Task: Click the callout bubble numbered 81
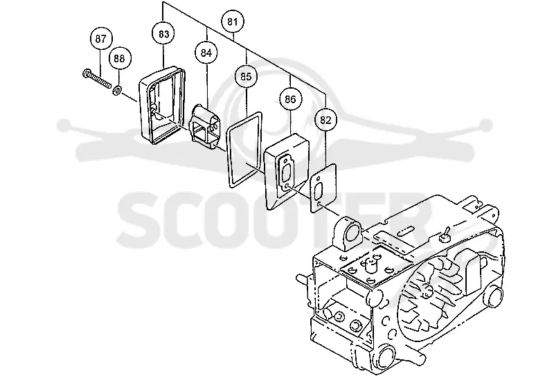[232, 21]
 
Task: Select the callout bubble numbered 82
[325, 120]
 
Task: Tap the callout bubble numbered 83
[163, 34]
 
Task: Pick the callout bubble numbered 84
[206, 53]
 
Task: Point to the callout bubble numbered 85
[246, 76]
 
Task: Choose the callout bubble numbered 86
[290, 99]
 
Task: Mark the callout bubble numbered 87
[101, 38]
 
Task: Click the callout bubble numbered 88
[119, 58]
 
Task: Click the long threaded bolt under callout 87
[96, 80]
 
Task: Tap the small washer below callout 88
[117, 91]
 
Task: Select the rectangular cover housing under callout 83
[162, 105]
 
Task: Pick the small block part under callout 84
[206, 127]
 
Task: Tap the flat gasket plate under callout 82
[323, 188]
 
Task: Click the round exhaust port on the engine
[351, 234]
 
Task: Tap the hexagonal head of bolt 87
[85, 74]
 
